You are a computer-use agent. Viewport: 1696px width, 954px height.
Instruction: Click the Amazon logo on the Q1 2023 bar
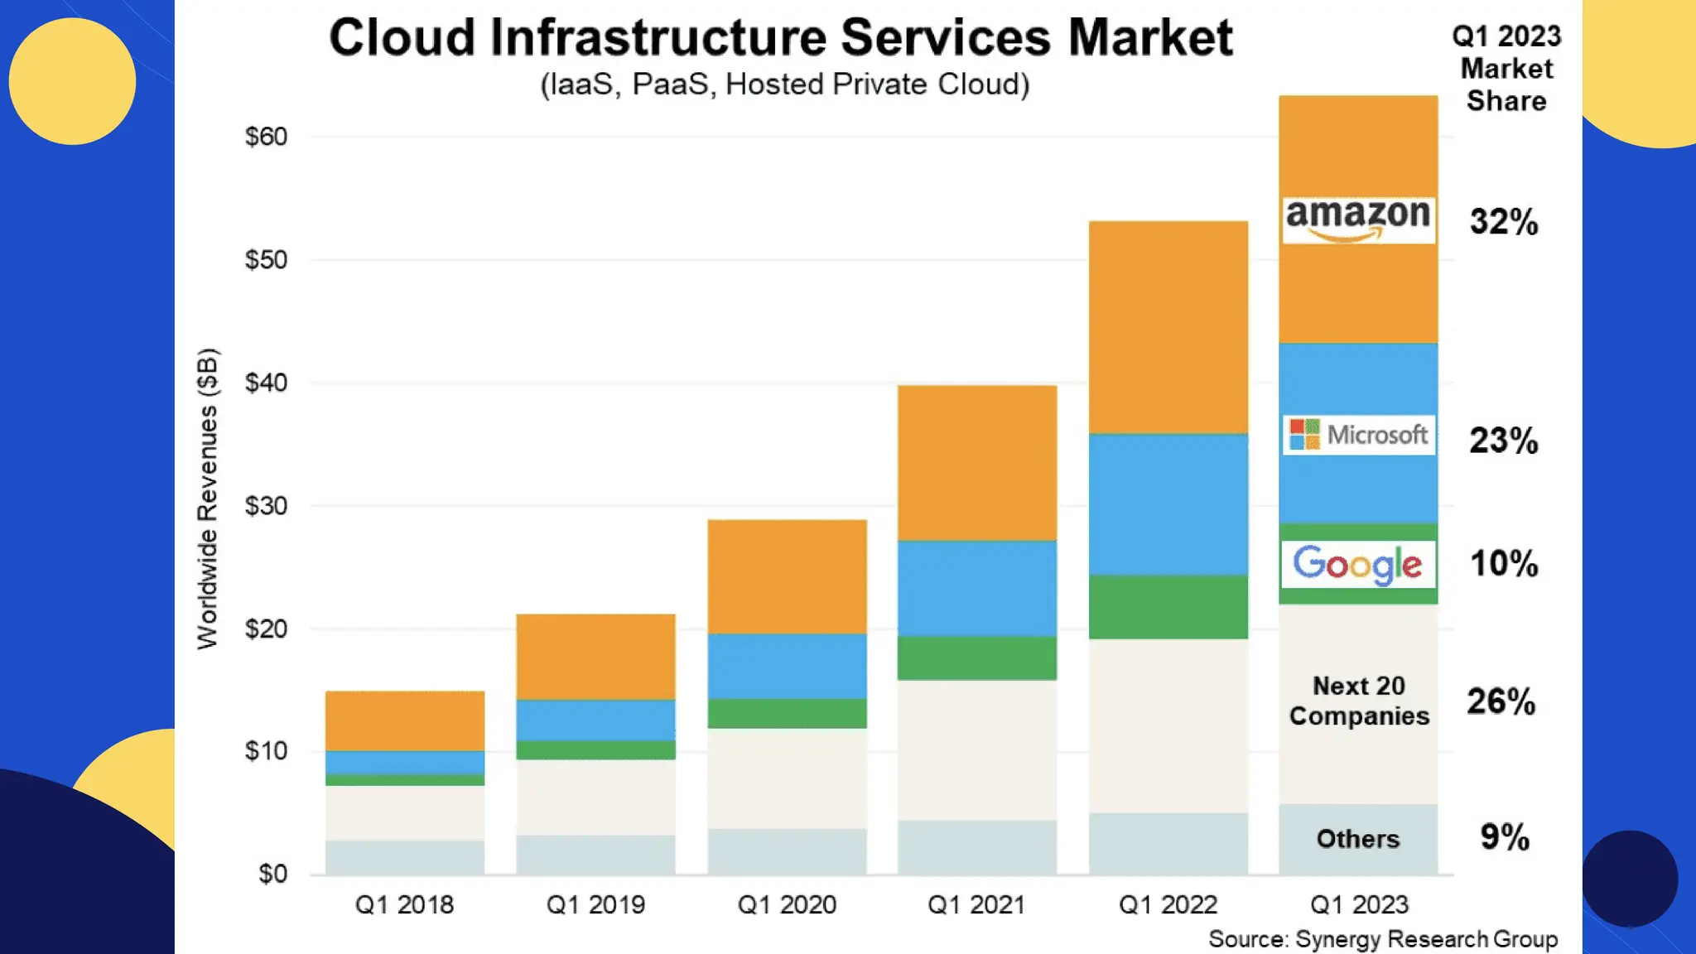[1358, 219]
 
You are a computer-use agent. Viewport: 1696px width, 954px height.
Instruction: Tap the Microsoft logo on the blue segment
[1358, 435]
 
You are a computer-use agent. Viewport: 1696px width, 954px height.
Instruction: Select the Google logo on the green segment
[1358, 564]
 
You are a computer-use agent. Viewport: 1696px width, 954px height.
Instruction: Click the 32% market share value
[1504, 222]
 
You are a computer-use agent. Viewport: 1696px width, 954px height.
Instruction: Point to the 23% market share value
[1504, 441]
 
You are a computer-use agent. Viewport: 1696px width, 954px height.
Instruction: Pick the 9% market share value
[1504, 837]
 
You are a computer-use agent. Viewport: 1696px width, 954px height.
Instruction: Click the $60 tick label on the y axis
[266, 137]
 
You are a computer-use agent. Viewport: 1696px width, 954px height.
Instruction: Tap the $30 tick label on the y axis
[266, 506]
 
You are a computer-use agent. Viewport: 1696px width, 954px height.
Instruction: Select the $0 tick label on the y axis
[272, 874]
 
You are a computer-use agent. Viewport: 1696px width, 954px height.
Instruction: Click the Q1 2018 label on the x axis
[404, 904]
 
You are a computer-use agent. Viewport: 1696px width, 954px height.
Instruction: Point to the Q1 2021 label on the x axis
[976, 904]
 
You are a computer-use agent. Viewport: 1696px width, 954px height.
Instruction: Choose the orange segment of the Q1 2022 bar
[1168, 326]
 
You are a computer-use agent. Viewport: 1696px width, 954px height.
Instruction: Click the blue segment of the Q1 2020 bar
[787, 666]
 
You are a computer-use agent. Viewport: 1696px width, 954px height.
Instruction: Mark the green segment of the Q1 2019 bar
[595, 750]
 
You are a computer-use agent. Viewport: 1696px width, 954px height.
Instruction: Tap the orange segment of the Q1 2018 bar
[404, 720]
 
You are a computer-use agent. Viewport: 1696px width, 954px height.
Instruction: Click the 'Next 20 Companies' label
[1359, 701]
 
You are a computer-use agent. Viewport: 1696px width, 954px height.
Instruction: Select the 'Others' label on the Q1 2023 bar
[1358, 839]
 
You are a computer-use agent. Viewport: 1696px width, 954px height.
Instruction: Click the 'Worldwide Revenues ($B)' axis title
[208, 499]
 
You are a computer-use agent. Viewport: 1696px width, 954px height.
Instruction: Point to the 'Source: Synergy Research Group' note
[1382, 939]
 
